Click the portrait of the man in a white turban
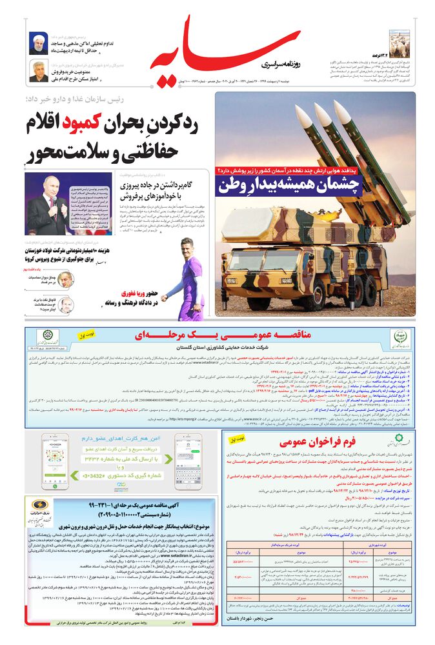pyautogui.click(x=39, y=44)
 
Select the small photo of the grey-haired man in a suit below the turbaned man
pyautogui.click(x=39, y=71)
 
